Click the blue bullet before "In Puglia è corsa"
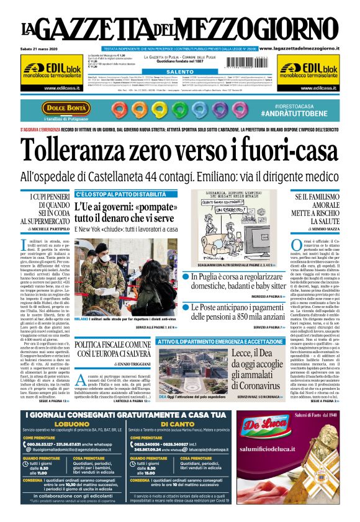195,277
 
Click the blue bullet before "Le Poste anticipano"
195,308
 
